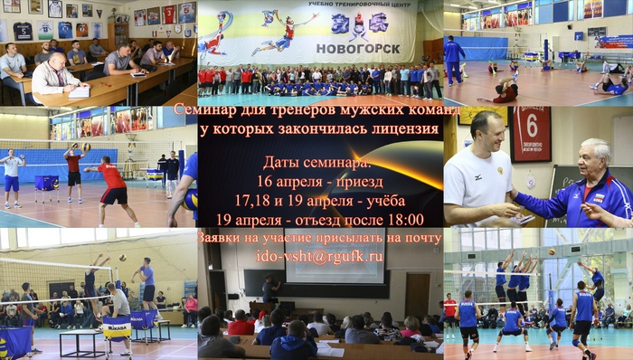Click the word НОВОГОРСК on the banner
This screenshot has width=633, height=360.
[x=358, y=49]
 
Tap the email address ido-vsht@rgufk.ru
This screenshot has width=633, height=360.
[x=319, y=256]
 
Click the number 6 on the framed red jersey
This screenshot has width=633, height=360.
[x=532, y=128]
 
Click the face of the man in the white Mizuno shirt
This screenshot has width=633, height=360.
[x=487, y=133]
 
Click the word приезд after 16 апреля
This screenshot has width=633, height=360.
[x=360, y=182]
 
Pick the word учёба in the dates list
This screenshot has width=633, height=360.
[x=384, y=201]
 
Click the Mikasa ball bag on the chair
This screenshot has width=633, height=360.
[x=117, y=329]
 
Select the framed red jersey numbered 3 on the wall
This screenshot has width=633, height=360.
[x=170, y=14]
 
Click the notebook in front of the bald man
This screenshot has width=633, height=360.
[x=79, y=92]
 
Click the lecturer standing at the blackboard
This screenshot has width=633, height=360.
[x=270, y=289]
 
